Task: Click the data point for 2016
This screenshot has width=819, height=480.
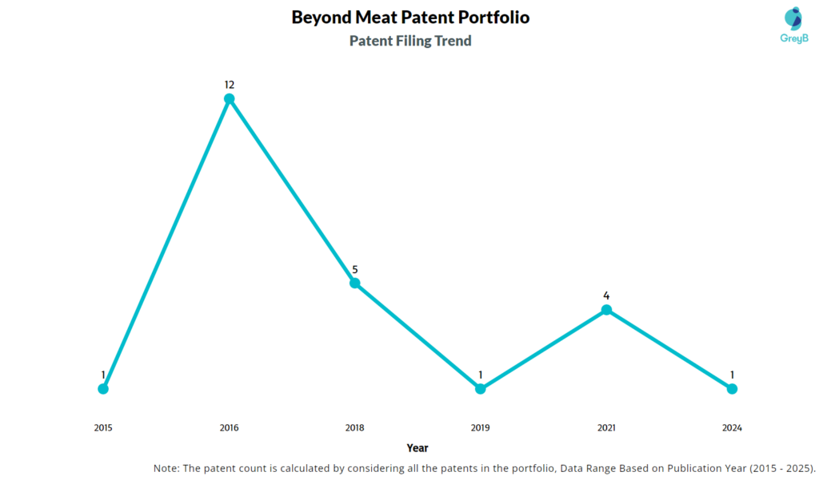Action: [x=229, y=99]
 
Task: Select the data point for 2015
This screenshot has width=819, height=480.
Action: [x=103, y=389]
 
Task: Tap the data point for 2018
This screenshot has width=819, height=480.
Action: [x=354, y=283]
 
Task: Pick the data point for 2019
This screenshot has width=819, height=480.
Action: [x=480, y=389]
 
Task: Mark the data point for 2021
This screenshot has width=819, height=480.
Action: [x=606, y=310]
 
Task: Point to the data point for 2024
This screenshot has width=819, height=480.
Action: [x=732, y=389]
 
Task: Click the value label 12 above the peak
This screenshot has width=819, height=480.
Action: [x=229, y=85]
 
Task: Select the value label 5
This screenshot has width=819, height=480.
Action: [x=354, y=268]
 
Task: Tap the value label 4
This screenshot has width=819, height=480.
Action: [x=606, y=296]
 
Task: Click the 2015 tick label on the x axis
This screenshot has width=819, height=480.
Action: [x=103, y=428]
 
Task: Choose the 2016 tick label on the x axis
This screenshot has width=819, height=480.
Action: [x=229, y=428]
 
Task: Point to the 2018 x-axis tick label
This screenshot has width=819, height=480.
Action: [x=354, y=428]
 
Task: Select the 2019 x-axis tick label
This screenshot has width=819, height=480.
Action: [x=480, y=428]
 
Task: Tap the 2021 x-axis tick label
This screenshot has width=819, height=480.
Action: [x=606, y=428]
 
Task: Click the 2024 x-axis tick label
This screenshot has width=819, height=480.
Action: [x=732, y=428]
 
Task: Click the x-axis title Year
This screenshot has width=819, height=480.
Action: [x=417, y=448]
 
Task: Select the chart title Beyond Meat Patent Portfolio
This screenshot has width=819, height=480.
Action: [x=410, y=17]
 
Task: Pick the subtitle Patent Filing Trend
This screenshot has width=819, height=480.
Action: [x=410, y=41]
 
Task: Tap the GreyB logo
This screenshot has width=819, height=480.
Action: [x=793, y=26]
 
